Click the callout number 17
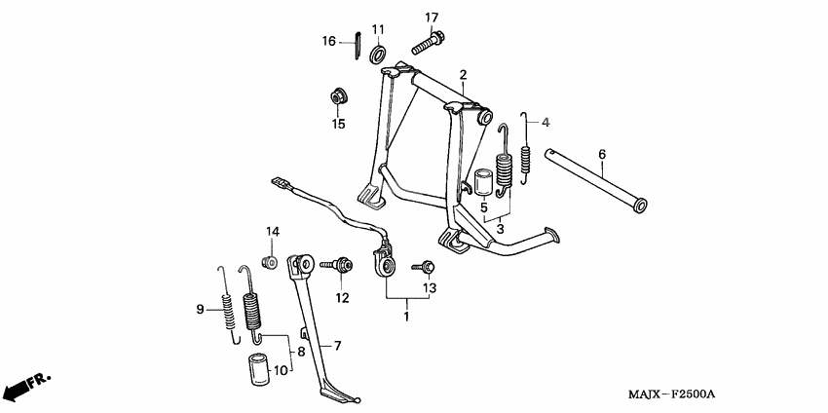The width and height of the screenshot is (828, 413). tap(432, 18)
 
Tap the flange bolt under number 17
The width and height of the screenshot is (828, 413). tap(428, 43)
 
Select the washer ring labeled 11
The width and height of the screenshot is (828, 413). tap(378, 54)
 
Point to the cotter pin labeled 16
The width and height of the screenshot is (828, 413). tap(358, 47)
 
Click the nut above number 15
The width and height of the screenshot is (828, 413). tap(337, 97)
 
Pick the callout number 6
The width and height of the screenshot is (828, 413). tap(602, 155)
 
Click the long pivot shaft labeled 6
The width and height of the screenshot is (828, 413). tap(596, 180)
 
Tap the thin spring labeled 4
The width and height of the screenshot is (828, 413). tap(524, 149)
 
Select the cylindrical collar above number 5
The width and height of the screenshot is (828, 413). tap(485, 183)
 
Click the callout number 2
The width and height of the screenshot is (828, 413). tap(463, 75)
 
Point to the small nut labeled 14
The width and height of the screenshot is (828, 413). tap(270, 261)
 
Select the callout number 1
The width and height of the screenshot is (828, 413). tap(406, 317)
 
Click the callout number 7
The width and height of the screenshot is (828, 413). tap(337, 346)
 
